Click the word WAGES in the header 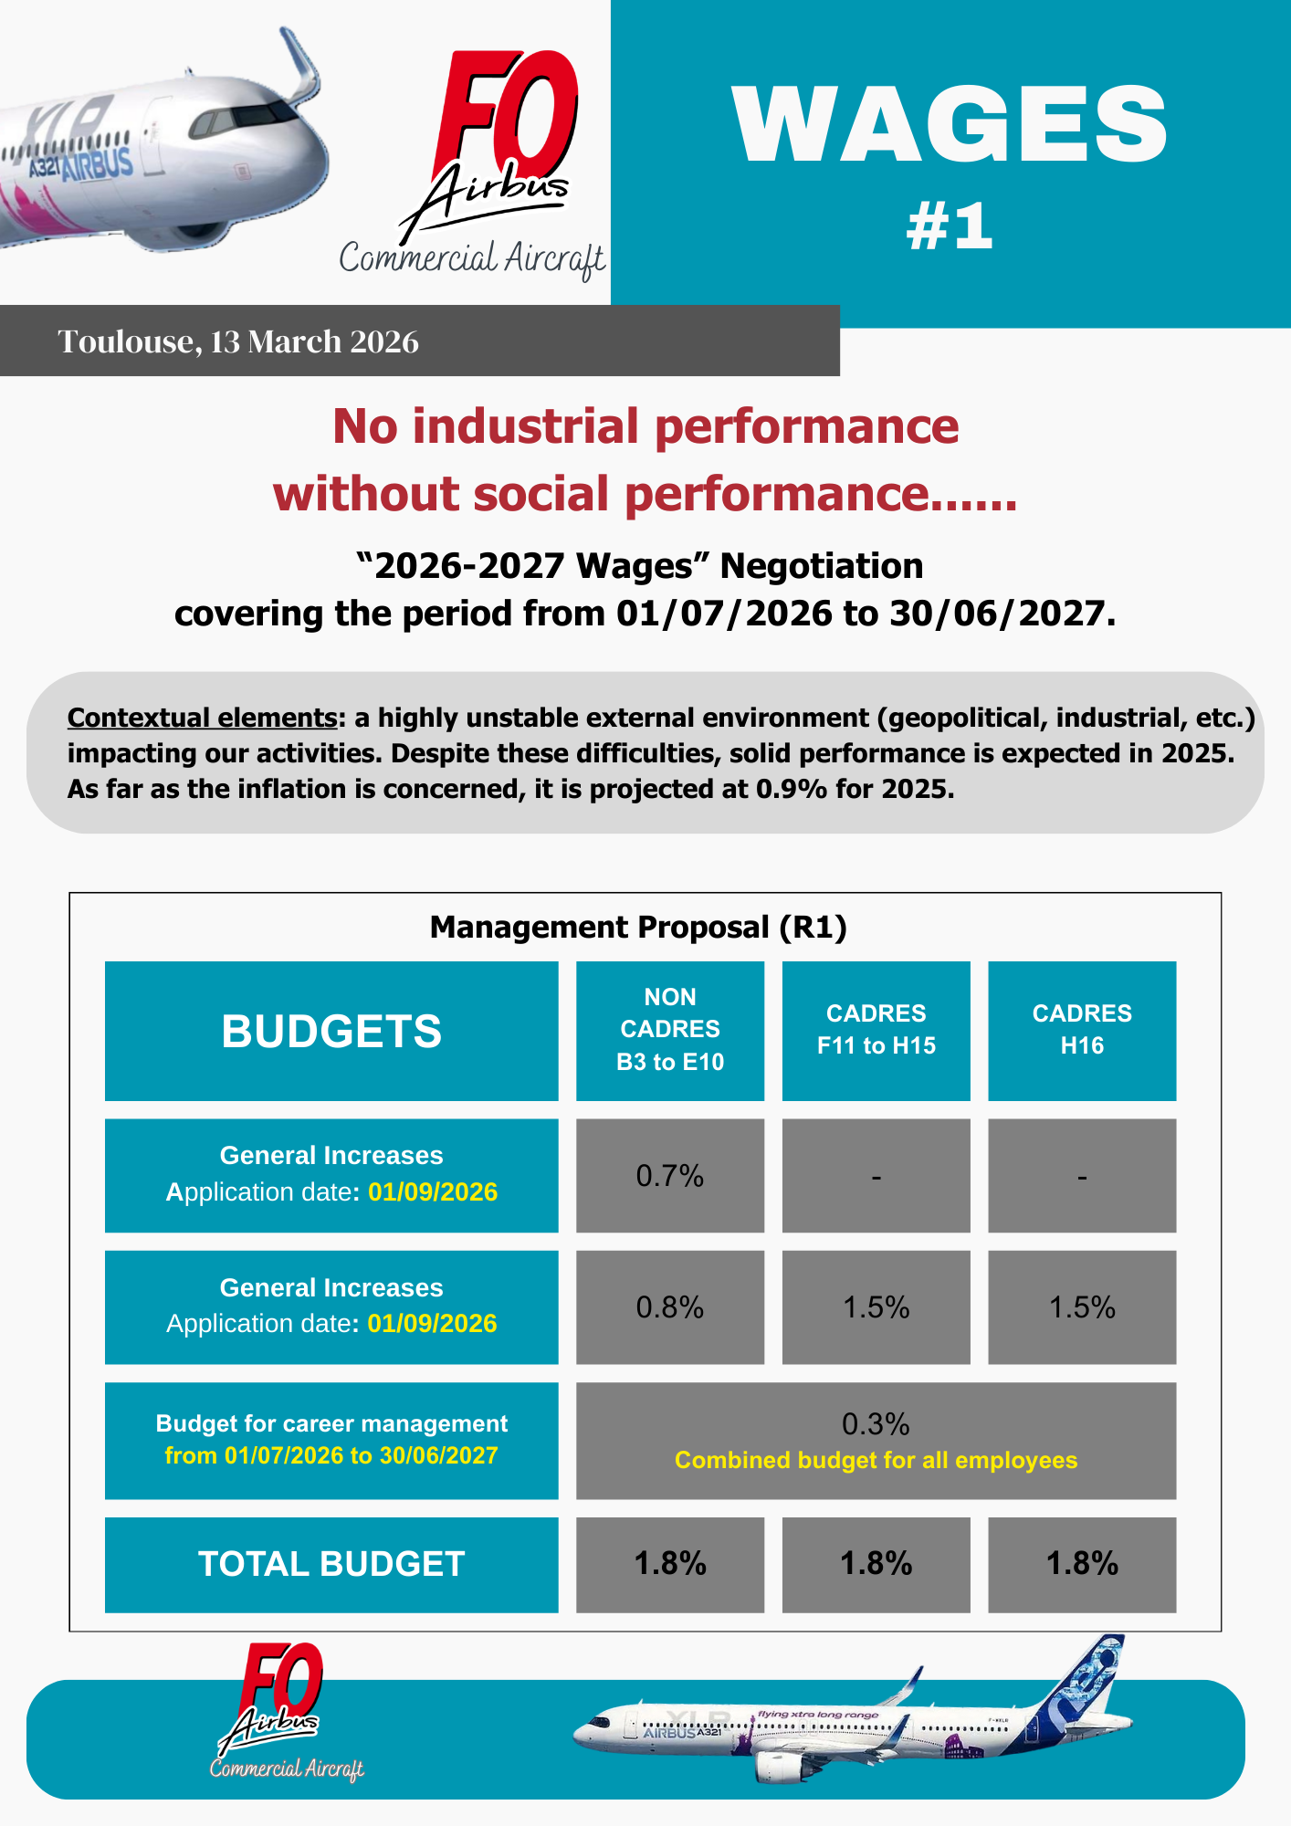pos(950,126)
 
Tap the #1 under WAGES pos(950,226)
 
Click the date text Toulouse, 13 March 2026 pos(238,341)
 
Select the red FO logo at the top pos(508,110)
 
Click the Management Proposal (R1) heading pos(638,928)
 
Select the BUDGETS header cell pos(331,1031)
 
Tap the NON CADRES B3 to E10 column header pos(670,1030)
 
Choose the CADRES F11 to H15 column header pos(876,1030)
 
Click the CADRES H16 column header pos(1082,1030)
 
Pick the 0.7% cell pos(670,1176)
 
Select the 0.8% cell pos(670,1307)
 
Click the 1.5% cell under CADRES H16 pos(1082,1307)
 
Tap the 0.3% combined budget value pos(876,1424)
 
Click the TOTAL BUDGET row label pos(331,1564)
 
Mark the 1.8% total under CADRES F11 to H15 pos(876,1564)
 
